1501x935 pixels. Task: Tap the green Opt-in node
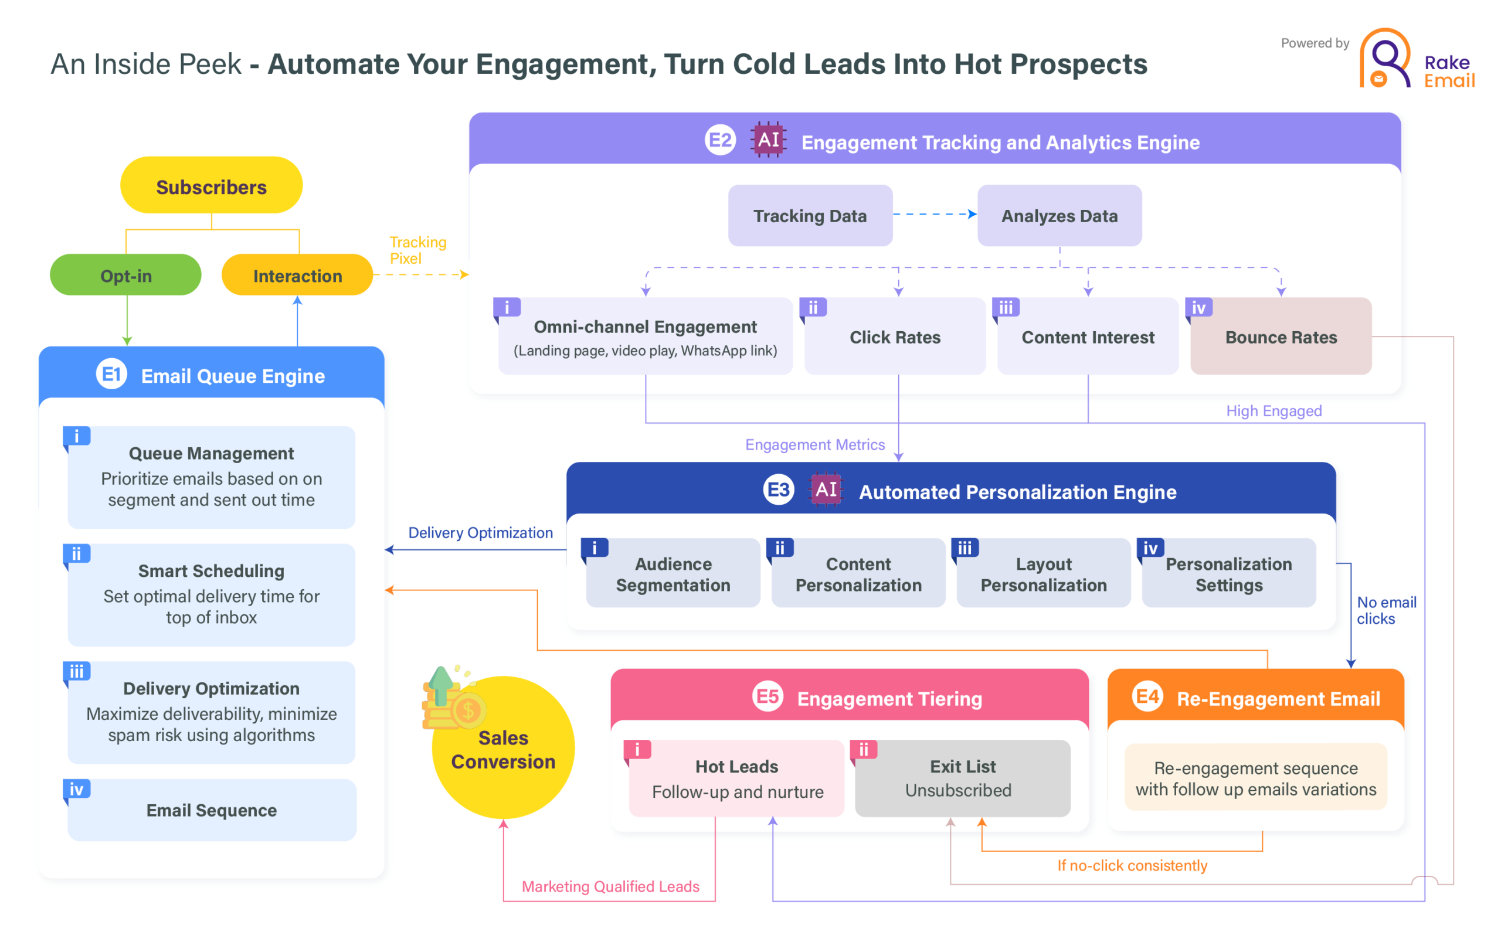[125, 275]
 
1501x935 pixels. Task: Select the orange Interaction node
[297, 275]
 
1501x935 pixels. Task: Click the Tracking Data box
[810, 216]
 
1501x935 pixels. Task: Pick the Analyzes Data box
[1059, 216]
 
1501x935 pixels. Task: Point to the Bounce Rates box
[1281, 337]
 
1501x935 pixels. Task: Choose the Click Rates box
[895, 337]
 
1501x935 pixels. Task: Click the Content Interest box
[1088, 337]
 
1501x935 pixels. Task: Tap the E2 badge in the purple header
[721, 140]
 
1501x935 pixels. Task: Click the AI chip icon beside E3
[826, 489]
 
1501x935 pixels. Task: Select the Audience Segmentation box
[673, 574]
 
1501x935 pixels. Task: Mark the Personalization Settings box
[1229, 574]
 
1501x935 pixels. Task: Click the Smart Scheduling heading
[212, 571]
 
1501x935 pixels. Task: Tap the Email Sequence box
[212, 810]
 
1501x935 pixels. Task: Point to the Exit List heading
[963, 767]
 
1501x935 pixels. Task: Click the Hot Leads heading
[736, 767]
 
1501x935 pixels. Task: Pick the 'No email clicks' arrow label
[1386, 610]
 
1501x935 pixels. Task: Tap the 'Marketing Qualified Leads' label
[610, 887]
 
